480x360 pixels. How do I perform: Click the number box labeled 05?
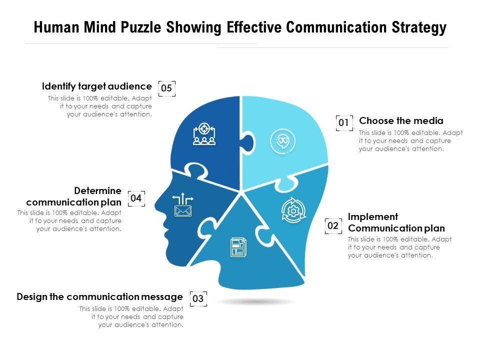pos(167,88)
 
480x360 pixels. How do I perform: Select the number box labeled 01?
pos(344,122)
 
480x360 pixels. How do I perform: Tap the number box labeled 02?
pos(333,226)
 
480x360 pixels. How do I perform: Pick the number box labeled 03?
pos(198,299)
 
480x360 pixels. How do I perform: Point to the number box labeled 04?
pos(136,198)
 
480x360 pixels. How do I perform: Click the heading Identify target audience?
pos(96,86)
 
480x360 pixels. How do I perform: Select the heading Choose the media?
pos(401,120)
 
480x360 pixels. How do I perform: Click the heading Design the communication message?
pos(100,296)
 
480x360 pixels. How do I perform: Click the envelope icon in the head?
pos(183,211)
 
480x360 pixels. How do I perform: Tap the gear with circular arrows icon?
pos(292,210)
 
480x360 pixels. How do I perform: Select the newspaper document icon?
pos(238,247)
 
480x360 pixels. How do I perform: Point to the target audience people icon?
pos(204,134)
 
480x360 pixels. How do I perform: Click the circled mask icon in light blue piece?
pos(282,141)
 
